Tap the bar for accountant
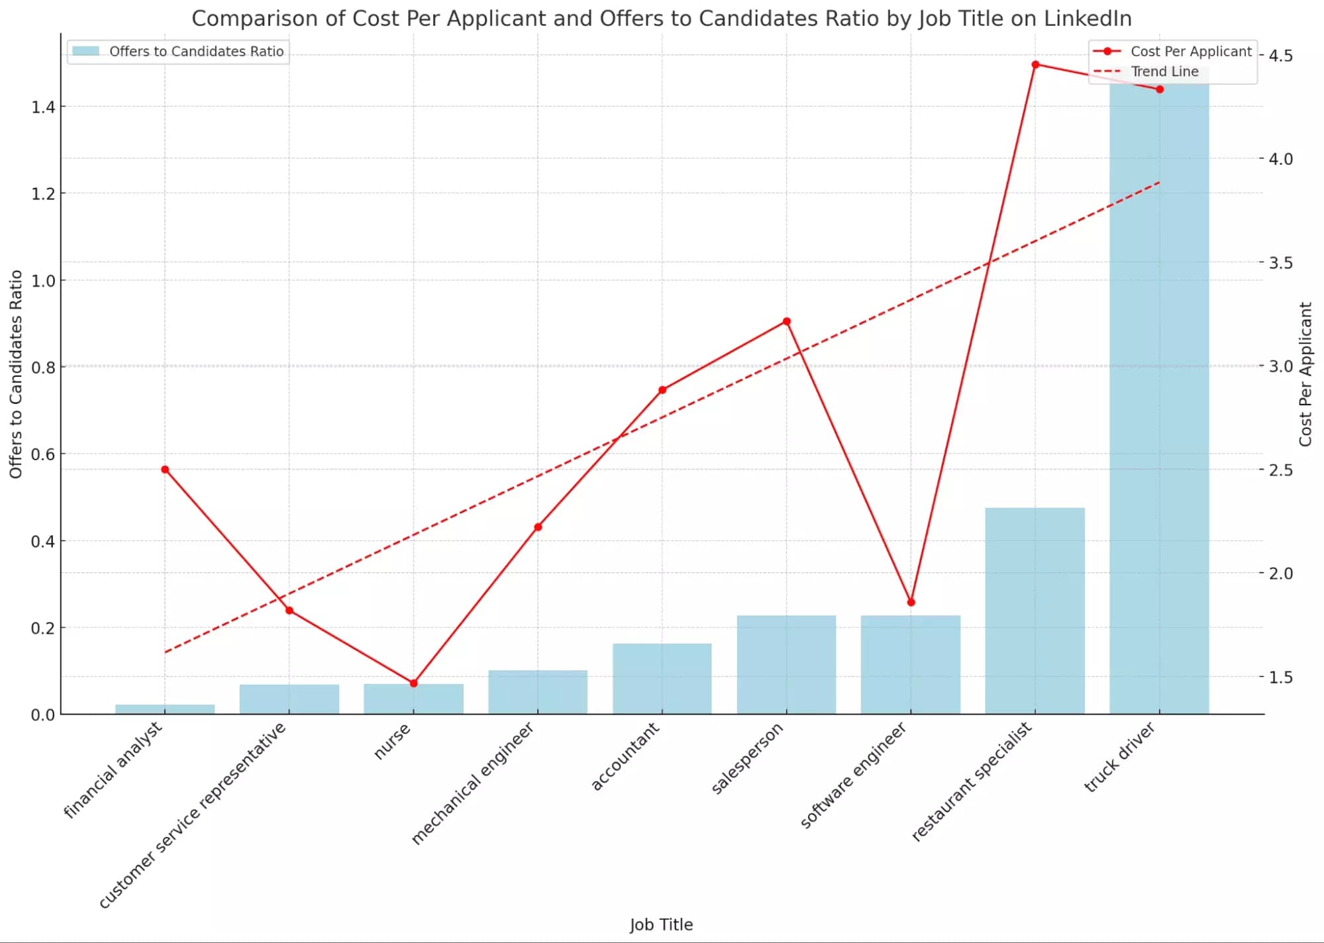(662, 678)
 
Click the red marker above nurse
(414, 683)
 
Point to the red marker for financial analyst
(165, 470)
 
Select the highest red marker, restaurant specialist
(1035, 64)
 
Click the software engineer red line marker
(911, 602)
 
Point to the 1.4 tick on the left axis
(43, 107)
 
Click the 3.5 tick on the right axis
(1280, 263)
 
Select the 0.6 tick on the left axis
(43, 454)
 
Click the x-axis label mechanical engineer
(473, 783)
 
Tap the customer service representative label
(193, 815)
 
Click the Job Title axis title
(661, 924)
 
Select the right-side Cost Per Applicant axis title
(1305, 374)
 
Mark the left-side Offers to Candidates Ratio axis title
(16, 374)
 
